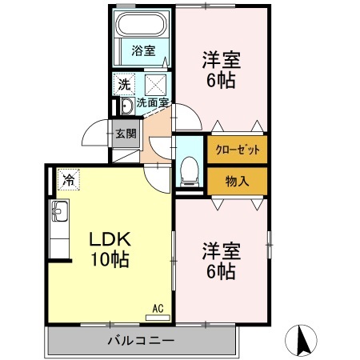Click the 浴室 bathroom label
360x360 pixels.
(145, 50)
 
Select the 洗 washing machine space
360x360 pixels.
(126, 83)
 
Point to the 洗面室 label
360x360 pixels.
(152, 102)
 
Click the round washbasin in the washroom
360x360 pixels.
(126, 107)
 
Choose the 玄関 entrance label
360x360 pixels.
(126, 134)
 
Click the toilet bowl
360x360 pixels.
(190, 167)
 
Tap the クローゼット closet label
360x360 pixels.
(238, 150)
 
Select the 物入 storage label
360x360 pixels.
(238, 181)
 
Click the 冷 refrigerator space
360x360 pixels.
(69, 180)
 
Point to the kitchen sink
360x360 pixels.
(60, 214)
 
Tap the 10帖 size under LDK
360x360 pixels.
(109, 260)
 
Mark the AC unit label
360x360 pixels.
(157, 306)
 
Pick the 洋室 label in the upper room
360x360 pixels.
(220, 59)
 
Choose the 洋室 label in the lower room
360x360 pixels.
(218, 249)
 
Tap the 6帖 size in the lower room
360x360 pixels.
(218, 271)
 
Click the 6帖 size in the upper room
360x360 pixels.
(220, 80)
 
